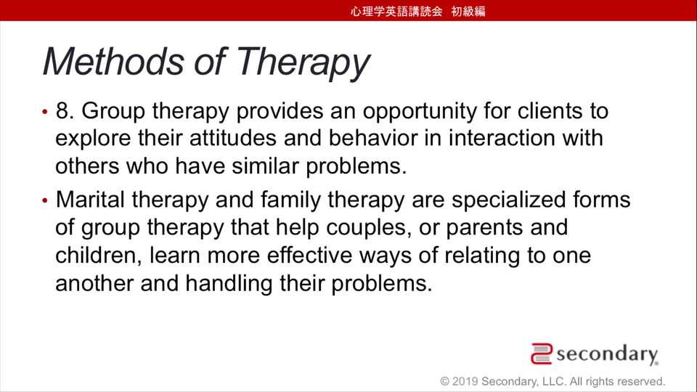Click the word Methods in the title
tap(113, 61)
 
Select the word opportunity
tap(420, 113)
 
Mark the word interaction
tap(502, 138)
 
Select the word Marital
tap(90, 200)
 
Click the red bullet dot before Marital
tap(45, 201)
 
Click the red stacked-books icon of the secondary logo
tap(542, 354)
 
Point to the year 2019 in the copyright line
tap(465, 381)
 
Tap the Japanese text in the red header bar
tap(418, 11)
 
